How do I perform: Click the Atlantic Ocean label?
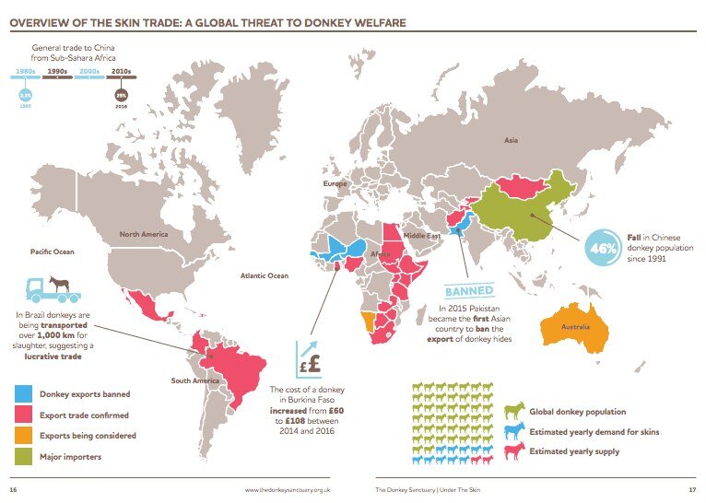coord(265,275)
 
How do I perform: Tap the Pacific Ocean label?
coord(52,251)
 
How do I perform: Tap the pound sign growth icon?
coord(311,357)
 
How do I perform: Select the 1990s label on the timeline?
coord(58,70)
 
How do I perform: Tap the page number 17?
coord(689,488)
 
